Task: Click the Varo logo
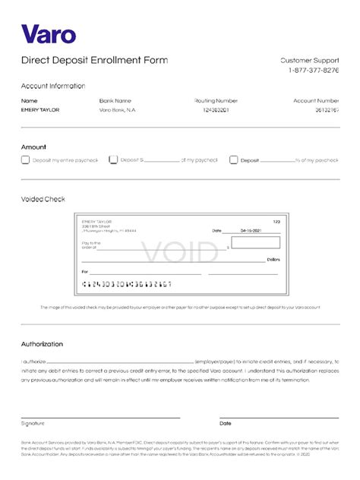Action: [49, 34]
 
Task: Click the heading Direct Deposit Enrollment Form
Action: [94, 60]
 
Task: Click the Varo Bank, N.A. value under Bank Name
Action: [116, 110]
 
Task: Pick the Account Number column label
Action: [316, 100]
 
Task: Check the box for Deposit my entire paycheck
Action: [25, 160]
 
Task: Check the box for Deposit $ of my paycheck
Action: [113, 160]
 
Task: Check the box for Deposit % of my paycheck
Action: [234, 160]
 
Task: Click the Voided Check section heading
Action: [43, 199]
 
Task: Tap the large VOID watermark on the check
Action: [179, 251]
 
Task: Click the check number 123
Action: [276, 221]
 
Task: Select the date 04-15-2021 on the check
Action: [251, 229]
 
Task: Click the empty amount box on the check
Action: [255, 243]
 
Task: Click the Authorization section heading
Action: [42, 344]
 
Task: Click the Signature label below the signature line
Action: [33, 423]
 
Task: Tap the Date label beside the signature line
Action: [226, 423]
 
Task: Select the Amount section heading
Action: [33, 147]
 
